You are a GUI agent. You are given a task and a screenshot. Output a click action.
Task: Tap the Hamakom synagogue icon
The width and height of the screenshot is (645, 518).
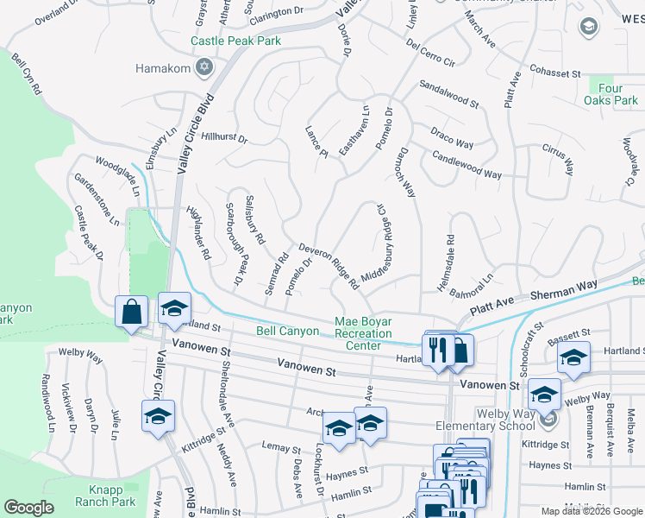[204, 66]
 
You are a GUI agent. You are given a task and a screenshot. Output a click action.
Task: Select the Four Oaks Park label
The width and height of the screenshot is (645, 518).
[613, 94]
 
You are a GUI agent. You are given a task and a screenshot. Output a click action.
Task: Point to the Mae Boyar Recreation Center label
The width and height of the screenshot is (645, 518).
[363, 334]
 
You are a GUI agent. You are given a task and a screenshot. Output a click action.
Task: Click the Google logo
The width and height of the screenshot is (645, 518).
[29, 508]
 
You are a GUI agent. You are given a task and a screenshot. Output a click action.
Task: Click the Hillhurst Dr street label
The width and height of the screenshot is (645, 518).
[223, 137]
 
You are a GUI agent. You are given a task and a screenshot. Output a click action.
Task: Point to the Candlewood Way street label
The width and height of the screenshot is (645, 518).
[467, 161]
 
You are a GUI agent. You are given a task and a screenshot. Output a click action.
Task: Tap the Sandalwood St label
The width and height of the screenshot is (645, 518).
[449, 94]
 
